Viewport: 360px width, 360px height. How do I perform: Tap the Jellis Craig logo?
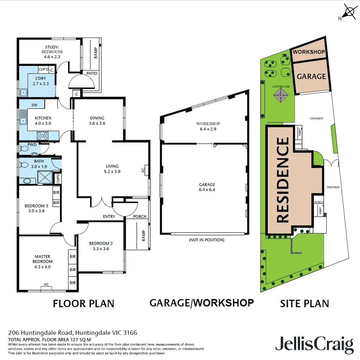(x=315, y=345)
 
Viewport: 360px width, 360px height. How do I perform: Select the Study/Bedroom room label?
(x=53, y=52)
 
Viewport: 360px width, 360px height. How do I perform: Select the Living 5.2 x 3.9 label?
(x=112, y=169)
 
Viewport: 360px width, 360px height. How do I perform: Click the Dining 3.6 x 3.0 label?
(x=97, y=121)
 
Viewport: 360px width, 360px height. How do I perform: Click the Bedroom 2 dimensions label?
(x=101, y=249)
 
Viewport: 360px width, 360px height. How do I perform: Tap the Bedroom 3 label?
(x=36, y=208)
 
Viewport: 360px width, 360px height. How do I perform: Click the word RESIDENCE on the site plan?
(x=283, y=180)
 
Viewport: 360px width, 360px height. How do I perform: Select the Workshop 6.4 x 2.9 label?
(x=208, y=126)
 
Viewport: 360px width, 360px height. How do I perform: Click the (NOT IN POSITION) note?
(x=207, y=240)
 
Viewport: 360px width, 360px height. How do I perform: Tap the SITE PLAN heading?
(x=304, y=304)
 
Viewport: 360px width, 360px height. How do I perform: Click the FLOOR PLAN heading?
(x=83, y=304)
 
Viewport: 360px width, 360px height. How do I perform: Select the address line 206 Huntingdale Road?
(x=72, y=333)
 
